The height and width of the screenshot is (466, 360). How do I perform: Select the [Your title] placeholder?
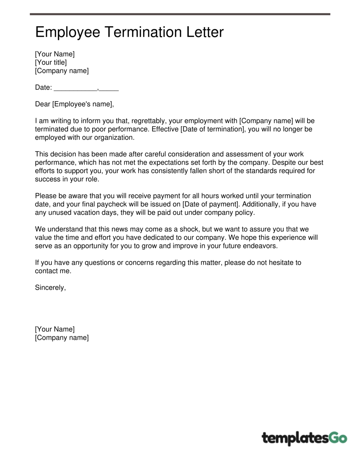point(51,63)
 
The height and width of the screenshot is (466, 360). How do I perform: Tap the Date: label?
point(43,88)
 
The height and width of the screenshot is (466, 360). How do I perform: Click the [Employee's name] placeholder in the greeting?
point(82,104)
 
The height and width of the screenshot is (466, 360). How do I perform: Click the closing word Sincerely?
point(50,288)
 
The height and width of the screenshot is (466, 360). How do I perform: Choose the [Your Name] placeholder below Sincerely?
point(55,329)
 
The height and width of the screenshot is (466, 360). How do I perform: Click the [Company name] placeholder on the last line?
point(62,338)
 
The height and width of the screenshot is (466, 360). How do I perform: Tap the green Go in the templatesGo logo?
point(337,438)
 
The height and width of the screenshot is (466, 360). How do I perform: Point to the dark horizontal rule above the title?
point(180,14)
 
